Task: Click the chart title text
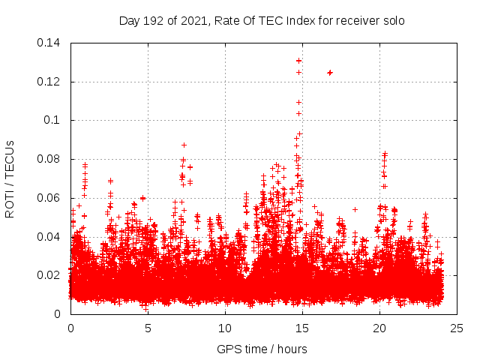point(262,20)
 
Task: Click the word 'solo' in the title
point(393,20)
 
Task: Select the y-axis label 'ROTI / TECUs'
point(10,178)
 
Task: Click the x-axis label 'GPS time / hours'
point(262,349)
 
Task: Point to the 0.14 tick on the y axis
point(49,43)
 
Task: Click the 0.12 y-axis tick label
point(49,81)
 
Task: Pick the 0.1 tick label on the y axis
point(54,120)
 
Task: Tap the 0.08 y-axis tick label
point(49,159)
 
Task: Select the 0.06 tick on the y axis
point(49,198)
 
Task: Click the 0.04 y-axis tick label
point(49,237)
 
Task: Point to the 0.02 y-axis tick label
point(49,275)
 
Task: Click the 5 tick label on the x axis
point(148,328)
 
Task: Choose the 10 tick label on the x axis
point(225,328)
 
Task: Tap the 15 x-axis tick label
point(302,328)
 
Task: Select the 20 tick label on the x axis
point(379,328)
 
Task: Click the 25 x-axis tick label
point(457,328)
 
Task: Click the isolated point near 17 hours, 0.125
point(330,72)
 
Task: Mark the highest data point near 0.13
point(299,61)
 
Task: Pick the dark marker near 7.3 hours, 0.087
point(184,145)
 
